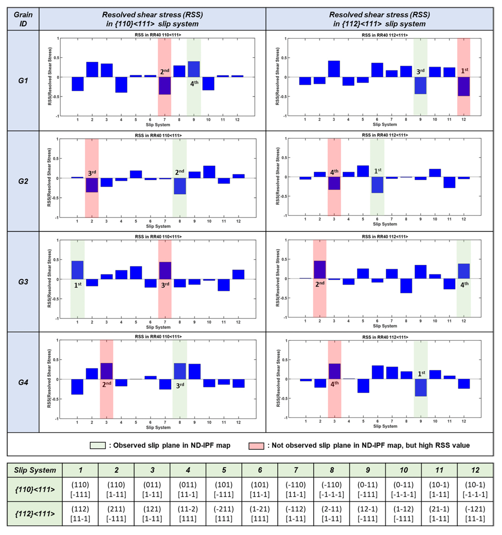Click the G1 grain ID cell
coord(23,81)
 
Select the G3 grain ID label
coord(23,282)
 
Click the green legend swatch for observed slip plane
coord(97,445)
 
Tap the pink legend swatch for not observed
coord(256,446)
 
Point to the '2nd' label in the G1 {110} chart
coord(165,71)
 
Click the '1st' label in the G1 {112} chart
coord(464,71)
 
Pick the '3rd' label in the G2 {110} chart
coord(92,173)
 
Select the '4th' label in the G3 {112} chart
coord(464,284)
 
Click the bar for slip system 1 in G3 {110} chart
coord(78,270)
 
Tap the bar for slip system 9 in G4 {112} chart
coord(421,388)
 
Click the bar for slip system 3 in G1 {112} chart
coord(334,69)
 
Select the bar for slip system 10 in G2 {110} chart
coord(209,172)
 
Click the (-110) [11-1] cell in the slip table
coord(296,490)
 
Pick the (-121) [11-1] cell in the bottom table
coord(475,514)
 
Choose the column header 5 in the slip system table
coord(224,470)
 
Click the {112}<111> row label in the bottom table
coord(35,514)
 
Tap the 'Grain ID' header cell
coord(23,19)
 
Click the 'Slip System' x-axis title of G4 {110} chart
coord(158,427)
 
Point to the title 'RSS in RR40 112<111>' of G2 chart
coord(385,135)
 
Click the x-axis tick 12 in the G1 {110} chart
coord(237,120)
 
